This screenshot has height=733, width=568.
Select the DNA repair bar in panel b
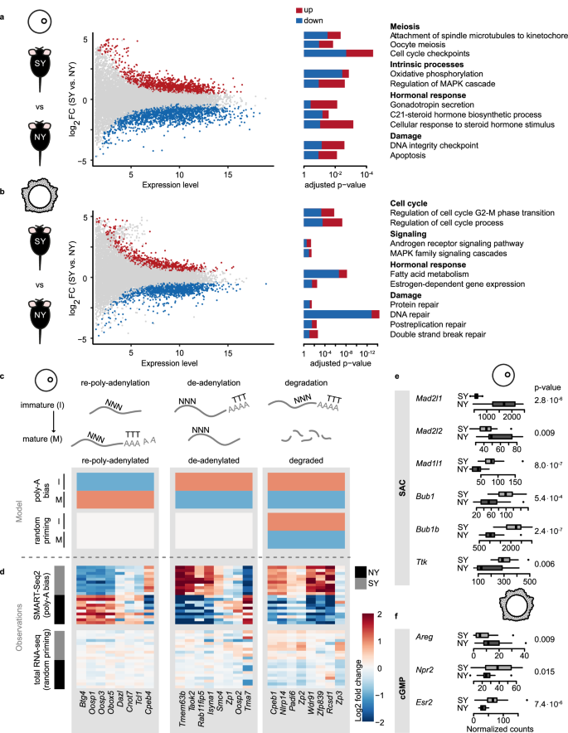coord(341,313)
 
